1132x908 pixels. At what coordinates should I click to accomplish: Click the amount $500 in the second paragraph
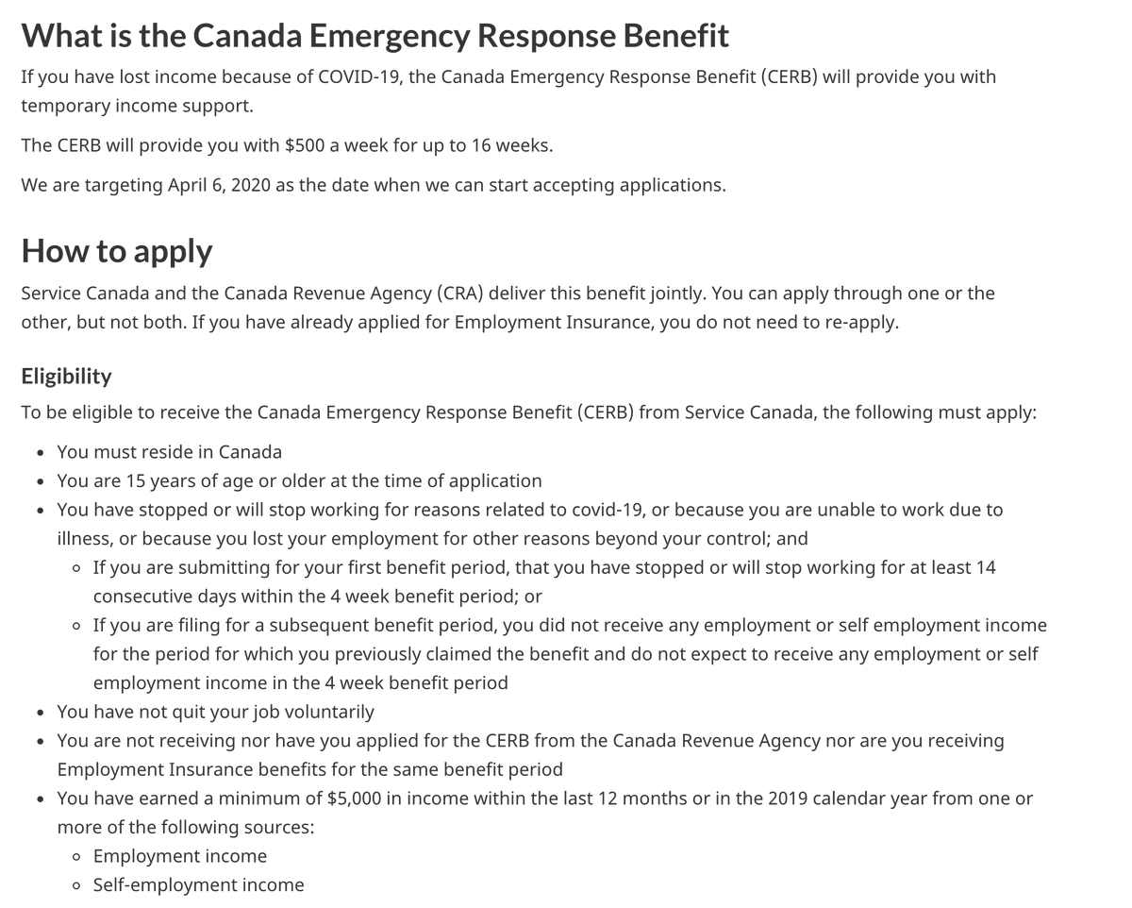[304, 146]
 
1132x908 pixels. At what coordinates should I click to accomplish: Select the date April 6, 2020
[219, 185]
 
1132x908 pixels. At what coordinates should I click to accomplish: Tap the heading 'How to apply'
[117, 251]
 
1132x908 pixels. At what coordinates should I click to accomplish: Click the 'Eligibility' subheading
[66, 376]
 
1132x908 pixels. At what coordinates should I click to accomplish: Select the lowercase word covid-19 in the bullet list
[608, 510]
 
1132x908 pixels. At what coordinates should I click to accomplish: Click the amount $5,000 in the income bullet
[354, 799]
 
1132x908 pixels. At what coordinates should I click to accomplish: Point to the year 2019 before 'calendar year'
[788, 799]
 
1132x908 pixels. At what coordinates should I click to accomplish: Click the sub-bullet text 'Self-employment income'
[198, 885]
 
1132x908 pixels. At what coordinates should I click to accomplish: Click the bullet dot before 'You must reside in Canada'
[40, 453]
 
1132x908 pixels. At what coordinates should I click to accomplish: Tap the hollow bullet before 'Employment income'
[76, 857]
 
